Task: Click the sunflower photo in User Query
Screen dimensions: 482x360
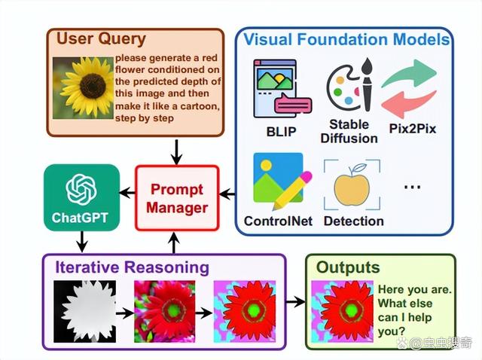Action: coord(83,88)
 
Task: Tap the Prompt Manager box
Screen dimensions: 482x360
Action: coord(178,198)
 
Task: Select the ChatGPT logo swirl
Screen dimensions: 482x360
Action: coord(81,189)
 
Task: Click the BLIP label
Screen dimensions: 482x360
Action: coord(281,132)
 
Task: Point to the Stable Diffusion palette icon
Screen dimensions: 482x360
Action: coord(349,84)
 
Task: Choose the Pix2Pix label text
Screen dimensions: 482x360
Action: coord(413,128)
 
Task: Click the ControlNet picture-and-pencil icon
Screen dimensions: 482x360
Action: coord(282,181)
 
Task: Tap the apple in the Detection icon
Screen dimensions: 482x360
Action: coord(352,186)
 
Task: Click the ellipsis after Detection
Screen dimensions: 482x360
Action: coord(412,186)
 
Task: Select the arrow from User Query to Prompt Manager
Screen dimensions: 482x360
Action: coord(176,152)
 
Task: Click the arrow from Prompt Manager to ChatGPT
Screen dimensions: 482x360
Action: coord(127,193)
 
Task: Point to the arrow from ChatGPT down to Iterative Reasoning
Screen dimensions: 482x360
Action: coord(82,242)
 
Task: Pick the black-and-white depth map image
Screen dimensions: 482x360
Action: coord(85,312)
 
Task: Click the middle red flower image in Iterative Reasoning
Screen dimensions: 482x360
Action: coord(165,312)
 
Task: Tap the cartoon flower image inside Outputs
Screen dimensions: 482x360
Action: coord(342,312)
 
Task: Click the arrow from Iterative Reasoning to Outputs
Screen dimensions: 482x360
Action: coord(295,301)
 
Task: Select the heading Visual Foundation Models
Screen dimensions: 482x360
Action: coord(346,39)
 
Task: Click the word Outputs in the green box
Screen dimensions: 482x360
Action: coord(348,267)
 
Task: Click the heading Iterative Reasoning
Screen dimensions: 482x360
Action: coord(133,267)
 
